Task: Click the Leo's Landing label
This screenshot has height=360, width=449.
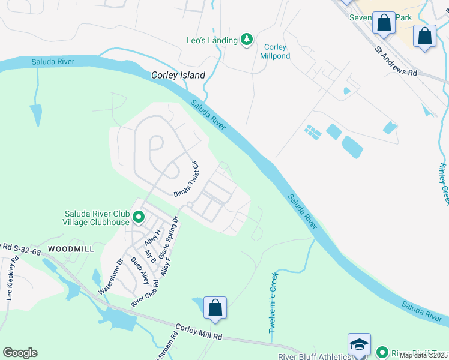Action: tap(212, 40)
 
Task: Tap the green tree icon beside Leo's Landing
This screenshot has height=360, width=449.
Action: tap(246, 40)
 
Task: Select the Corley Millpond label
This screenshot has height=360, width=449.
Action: tap(276, 52)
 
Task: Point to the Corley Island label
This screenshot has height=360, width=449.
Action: tap(178, 76)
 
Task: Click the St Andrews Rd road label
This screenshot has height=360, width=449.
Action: tap(396, 62)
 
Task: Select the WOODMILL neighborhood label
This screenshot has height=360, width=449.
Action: tap(71, 248)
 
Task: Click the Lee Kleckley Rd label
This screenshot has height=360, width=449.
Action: tap(13, 278)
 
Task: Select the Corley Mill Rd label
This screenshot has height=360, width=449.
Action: tap(199, 331)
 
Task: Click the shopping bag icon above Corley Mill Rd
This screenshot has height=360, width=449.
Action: tap(215, 308)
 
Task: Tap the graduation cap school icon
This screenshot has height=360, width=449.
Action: tap(359, 344)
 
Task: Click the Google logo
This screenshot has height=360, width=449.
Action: tap(20, 353)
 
